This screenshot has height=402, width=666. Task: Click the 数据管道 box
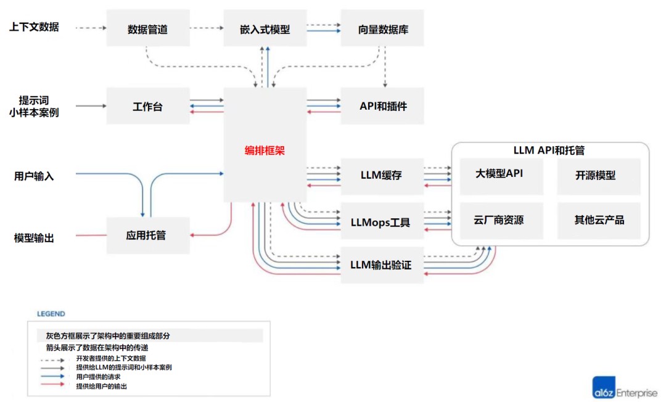coord(147,28)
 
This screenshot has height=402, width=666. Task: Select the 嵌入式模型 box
coord(265,28)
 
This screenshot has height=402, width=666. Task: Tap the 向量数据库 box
coord(382,28)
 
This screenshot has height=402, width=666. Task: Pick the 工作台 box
coord(147,106)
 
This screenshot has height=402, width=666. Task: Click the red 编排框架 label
coord(265,150)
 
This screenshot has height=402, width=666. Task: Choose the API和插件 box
coord(382,106)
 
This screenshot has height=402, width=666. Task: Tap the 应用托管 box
coord(147,235)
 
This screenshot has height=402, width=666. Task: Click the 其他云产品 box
coord(598,220)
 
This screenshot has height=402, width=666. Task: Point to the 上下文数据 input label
coord(35,27)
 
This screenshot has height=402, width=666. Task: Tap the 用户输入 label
coord(35,176)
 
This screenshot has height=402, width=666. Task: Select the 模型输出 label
coord(35,237)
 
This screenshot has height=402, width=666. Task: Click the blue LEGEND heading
coord(51,314)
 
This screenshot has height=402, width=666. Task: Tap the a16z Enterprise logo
coord(625,390)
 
